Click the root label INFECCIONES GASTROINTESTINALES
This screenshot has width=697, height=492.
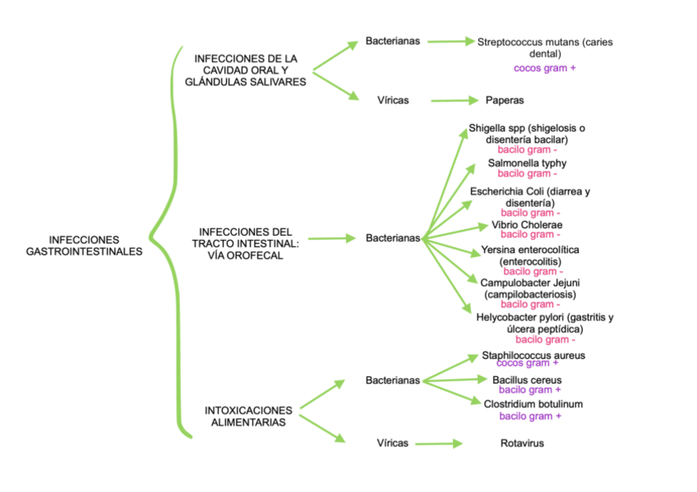(x=84, y=245)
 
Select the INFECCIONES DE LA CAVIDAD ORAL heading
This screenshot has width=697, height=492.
(x=246, y=70)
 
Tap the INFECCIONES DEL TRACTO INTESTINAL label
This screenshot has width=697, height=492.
(x=246, y=244)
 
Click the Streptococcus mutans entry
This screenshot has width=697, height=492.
(x=545, y=47)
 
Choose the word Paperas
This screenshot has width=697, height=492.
(x=505, y=100)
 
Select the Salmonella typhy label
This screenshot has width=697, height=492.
(x=527, y=163)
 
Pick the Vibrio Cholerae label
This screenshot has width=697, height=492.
(x=527, y=224)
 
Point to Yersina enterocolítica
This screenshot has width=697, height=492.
(x=530, y=255)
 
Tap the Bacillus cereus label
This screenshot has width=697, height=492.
(x=526, y=380)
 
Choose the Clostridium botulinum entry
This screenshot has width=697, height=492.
(x=533, y=404)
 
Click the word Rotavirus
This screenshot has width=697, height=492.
(x=522, y=444)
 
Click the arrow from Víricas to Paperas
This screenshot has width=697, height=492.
(x=455, y=100)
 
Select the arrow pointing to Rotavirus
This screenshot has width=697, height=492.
(x=440, y=444)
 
